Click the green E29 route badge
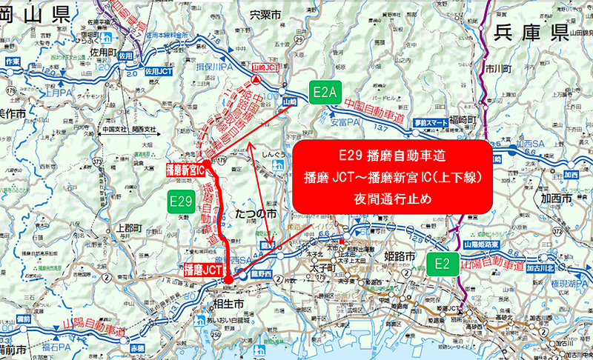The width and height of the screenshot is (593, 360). coord(182,201)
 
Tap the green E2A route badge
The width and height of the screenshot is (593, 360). coord(325,92)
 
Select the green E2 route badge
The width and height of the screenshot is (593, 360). coord(443,263)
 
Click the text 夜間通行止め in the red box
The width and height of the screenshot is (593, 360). coord(393,199)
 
